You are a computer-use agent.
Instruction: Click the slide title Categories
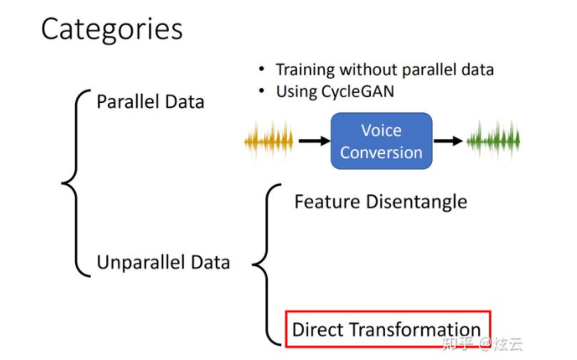[x=111, y=30]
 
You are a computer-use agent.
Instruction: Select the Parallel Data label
[x=150, y=102]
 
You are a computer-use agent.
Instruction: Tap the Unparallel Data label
[x=163, y=263]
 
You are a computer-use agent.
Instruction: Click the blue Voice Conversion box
[x=381, y=141]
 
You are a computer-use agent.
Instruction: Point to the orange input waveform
[x=269, y=141]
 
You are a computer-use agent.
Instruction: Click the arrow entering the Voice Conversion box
[x=313, y=141]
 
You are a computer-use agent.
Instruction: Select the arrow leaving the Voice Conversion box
[x=448, y=141]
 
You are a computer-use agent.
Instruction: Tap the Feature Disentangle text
[x=380, y=202]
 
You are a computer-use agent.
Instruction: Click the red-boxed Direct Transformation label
[x=387, y=330]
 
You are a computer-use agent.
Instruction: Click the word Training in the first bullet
[x=305, y=70]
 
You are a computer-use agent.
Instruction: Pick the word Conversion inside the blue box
[x=381, y=152]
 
